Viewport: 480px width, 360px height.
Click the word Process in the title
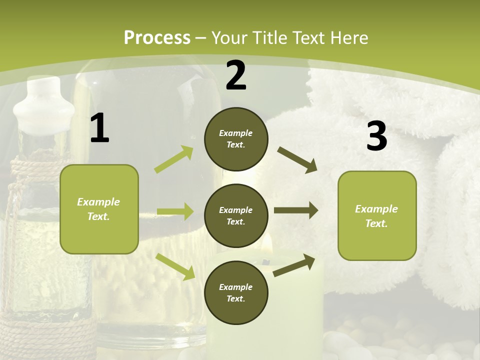(157, 37)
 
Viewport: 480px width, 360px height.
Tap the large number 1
(99, 128)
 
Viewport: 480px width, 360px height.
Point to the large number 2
(236, 76)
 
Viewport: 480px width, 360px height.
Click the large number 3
(376, 136)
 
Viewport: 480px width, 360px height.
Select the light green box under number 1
(99, 209)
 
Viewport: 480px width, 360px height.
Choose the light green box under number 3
(377, 215)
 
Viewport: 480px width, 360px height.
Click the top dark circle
(236, 139)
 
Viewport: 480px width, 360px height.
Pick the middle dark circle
(236, 215)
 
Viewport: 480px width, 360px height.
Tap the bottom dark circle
(236, 292)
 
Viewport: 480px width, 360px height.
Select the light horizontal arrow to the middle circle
(175, 211)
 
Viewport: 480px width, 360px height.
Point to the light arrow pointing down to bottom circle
(175, 266)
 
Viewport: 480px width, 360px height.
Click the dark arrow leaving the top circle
(297, 160)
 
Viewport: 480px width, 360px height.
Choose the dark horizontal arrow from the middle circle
(296, 210)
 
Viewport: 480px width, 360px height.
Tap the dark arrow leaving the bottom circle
(294, 265)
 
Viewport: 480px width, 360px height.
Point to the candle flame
(267, 243)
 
